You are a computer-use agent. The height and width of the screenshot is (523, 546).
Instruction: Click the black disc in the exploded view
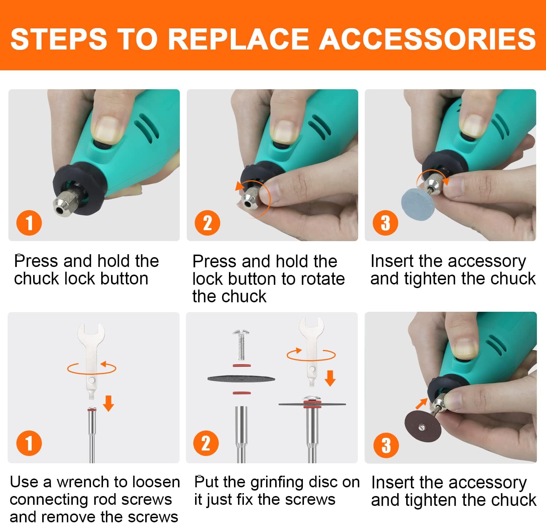point(241,379)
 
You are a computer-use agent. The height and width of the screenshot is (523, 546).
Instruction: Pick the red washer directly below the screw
point(241,365)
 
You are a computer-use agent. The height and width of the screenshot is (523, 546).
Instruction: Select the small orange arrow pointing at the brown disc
point(422,403)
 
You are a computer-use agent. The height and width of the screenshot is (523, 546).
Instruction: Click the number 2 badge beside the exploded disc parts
point(206,444)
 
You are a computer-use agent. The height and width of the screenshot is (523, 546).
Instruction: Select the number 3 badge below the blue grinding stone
point(385,223)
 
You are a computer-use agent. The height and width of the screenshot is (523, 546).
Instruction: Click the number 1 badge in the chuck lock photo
point(29,223)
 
